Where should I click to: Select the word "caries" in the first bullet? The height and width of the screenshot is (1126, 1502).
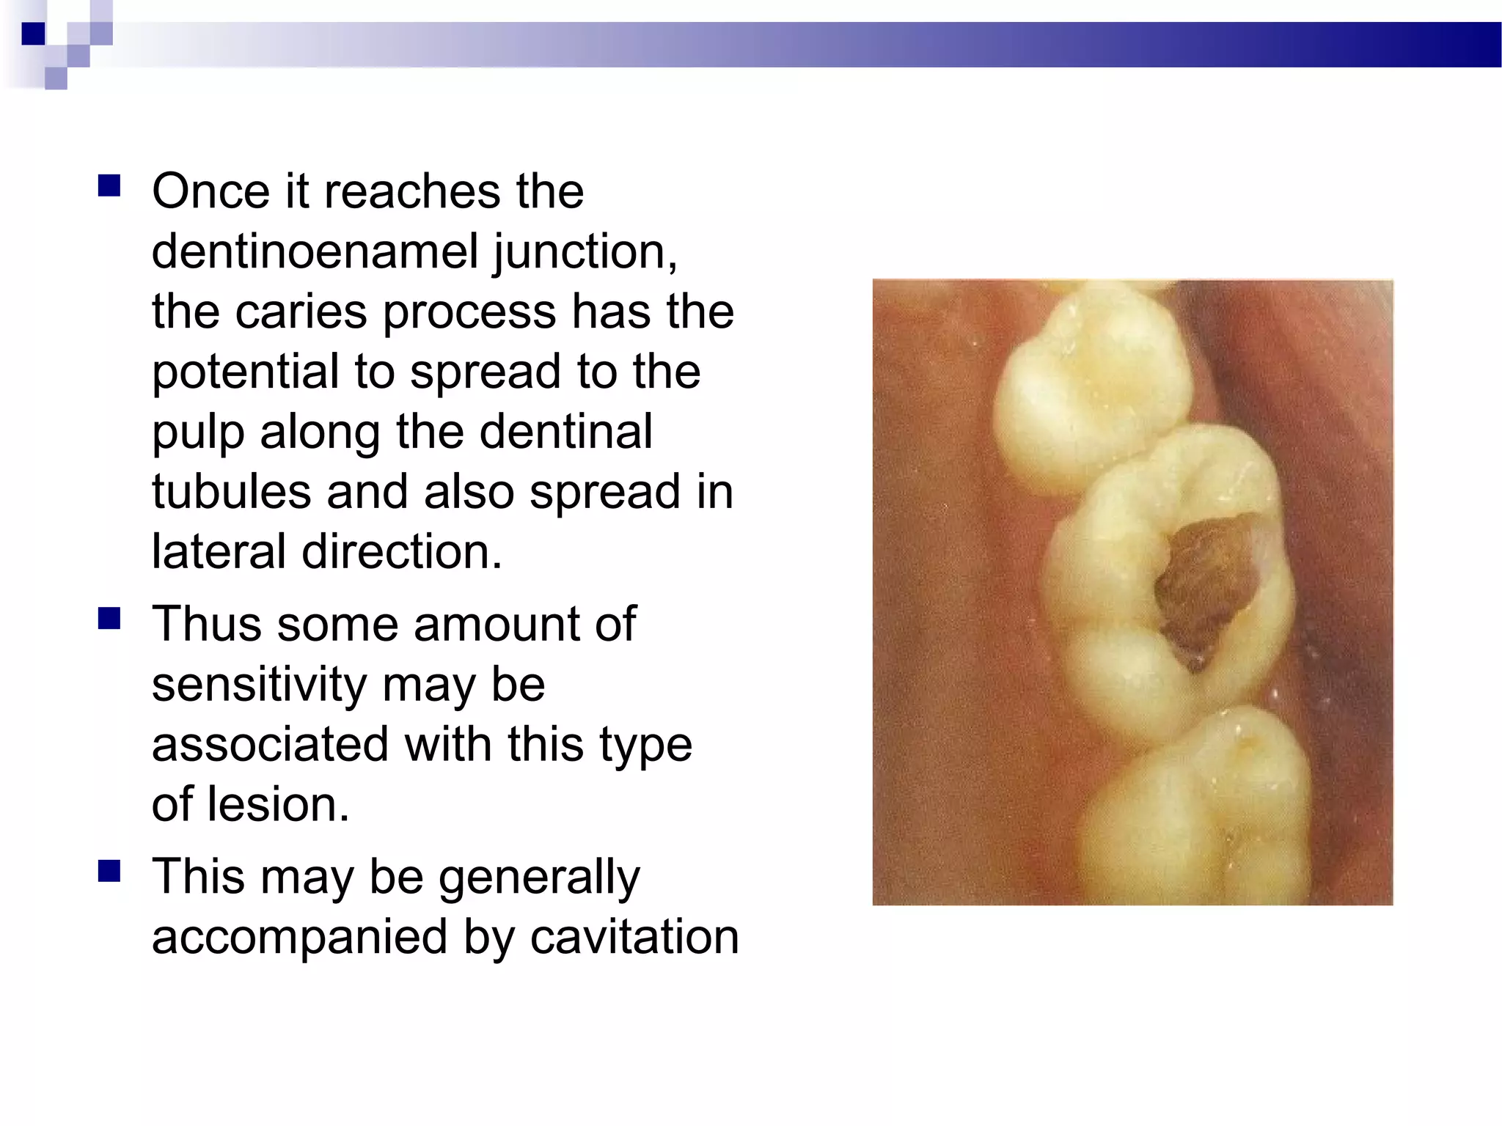[301, 312]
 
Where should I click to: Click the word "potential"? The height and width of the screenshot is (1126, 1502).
[246, 372]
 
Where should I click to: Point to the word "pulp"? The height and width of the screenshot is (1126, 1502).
[197, 433]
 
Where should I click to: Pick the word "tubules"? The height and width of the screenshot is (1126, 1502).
[231, 492]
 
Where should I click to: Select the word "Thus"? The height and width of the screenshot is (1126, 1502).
[206, 625]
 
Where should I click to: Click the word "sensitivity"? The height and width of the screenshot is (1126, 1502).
[258, 685]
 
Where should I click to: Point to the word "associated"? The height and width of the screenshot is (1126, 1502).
[270, 745]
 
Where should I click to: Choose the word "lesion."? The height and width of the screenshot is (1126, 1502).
[278, 805]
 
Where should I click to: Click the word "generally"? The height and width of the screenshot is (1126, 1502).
[539, 877]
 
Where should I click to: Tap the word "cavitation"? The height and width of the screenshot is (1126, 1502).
[634, 938]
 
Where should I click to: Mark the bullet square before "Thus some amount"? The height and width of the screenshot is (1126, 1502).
[109, 619]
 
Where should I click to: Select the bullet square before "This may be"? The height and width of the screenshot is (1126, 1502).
[109, 872]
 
